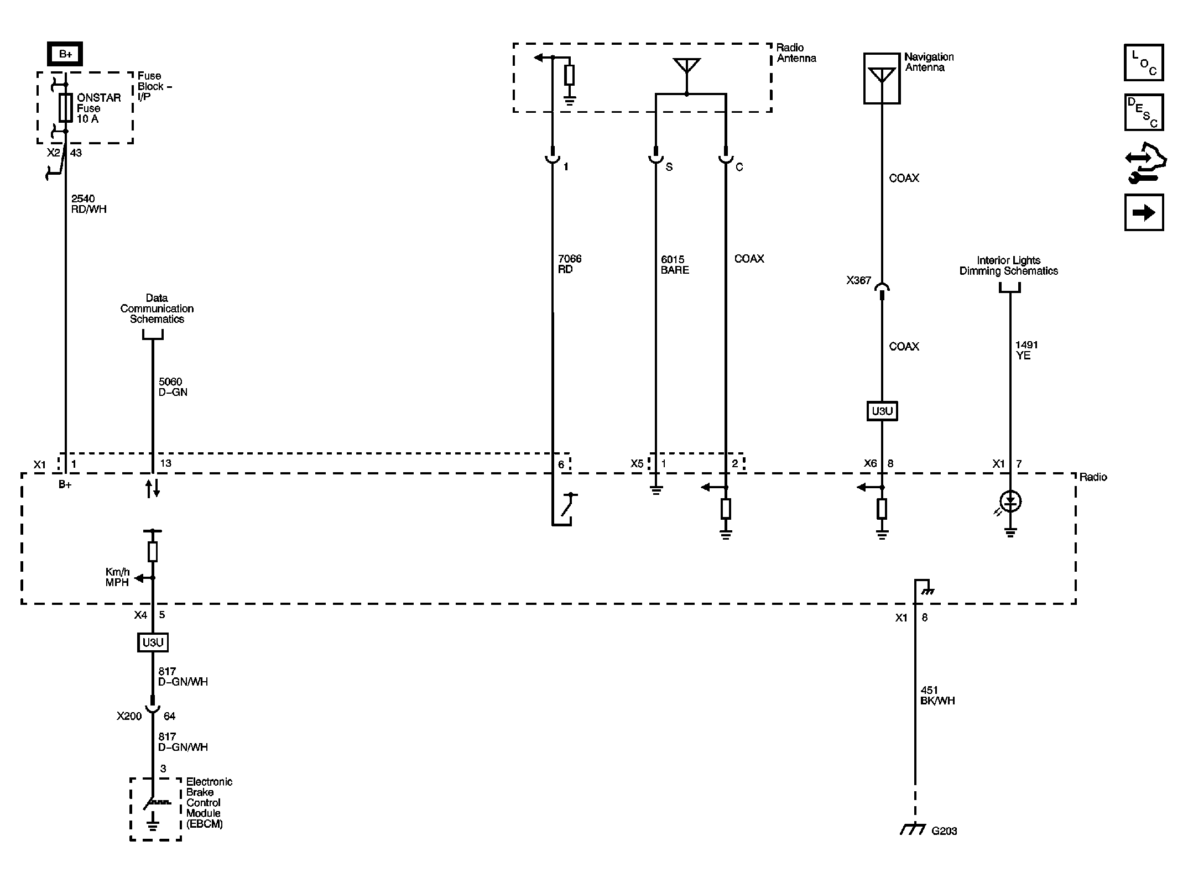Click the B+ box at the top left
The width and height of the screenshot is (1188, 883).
65,54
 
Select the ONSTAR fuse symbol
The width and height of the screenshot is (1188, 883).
65,107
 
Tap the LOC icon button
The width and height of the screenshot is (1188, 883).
1144,62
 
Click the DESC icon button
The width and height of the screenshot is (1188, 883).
1144,112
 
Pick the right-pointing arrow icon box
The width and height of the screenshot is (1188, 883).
1144,212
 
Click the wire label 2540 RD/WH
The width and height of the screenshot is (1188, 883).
88,204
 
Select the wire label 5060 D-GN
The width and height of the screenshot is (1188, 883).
173,387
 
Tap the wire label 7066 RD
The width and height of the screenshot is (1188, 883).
569,264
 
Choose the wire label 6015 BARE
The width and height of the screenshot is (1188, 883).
674,265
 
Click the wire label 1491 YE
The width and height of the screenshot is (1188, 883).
1026,350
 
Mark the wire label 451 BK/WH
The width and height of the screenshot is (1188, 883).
937,696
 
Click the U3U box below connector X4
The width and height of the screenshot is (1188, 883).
153,642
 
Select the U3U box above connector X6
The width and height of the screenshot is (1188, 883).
882,411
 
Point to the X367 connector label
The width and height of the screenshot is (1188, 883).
858,281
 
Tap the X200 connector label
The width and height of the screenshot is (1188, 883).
129,717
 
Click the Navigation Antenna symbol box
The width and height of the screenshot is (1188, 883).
882,79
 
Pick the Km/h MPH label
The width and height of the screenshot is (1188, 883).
117,577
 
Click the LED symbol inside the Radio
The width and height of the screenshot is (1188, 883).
1010,502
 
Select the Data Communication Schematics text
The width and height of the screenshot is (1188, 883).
157,309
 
